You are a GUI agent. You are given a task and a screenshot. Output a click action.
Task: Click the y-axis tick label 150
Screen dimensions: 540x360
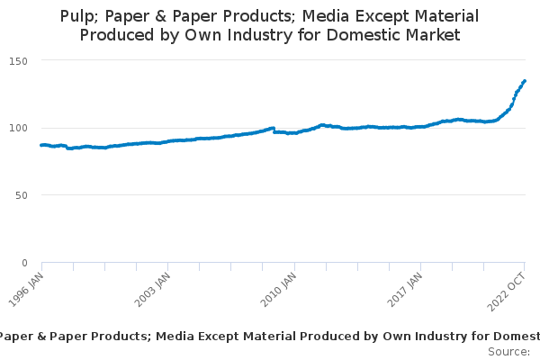click(18, 61)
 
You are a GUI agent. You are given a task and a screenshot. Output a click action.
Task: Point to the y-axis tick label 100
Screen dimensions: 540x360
click(18, 128)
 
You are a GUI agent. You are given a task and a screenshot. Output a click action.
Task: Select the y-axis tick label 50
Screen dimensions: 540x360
click(22, 195)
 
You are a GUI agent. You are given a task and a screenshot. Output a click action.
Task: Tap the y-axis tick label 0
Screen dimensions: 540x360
click(24, 263)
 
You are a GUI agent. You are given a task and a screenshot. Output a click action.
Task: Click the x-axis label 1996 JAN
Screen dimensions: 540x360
click(26, 290)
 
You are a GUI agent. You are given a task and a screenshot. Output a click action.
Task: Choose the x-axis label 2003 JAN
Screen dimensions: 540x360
click(153, 290)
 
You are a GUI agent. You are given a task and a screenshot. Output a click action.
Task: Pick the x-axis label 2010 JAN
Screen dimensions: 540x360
click(279, 290)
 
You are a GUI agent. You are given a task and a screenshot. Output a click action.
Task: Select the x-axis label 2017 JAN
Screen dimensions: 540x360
click(405, 290)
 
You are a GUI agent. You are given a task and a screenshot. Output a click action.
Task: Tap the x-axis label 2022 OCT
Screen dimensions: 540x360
click(506, 292)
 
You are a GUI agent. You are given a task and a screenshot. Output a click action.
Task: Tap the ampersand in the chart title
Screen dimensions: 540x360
click(161, 16)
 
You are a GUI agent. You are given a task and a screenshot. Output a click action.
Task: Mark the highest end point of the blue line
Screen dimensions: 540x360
click(525, 81)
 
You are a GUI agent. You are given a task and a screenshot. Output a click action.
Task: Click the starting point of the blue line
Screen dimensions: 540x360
click(41, 145)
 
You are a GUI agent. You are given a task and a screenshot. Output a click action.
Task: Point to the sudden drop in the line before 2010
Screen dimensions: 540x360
click(274, 130)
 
